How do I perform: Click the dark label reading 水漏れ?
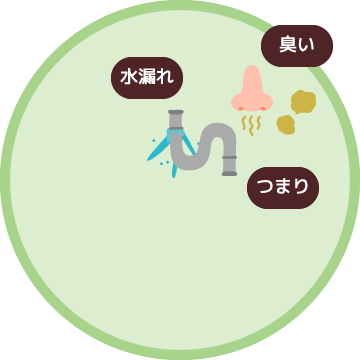tap(148, 76)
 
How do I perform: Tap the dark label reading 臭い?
tap(297, 45)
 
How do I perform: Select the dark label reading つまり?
tap(284, 185)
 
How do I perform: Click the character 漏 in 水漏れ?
tap(148, 76)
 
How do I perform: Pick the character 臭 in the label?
tap(288, 45)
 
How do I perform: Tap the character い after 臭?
tap(307, 45)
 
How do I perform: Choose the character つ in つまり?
tap(266, 185)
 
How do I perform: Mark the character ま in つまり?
tap(284, 185)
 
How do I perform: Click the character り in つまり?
tap(302, 185)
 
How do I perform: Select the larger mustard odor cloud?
tap(302, 101)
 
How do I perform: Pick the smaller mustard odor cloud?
tap(286, 124)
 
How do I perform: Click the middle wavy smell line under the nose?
tap(252, 124)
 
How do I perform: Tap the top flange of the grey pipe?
tap(176, 114)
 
